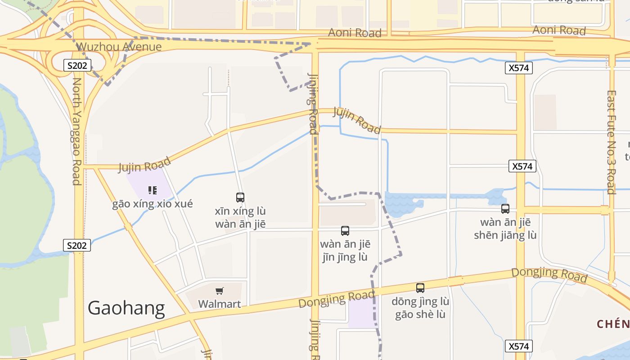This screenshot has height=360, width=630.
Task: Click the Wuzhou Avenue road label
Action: (x=119, y=47)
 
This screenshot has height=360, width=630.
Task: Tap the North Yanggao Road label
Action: (x=76, y=131)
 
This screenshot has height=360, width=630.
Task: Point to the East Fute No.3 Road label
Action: (x=611, y=142)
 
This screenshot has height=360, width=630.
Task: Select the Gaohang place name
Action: (x=126, y=308)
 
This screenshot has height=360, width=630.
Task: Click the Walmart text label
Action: (x=220, y=304)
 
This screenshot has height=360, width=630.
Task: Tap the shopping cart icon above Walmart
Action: (x=220, y=291)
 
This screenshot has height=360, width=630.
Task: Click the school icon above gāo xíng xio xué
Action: (x=152, y=190)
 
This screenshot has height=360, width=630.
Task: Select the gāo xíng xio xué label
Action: (x=153, y=204)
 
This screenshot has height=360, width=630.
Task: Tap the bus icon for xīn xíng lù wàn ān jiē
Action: (x=240, y=197)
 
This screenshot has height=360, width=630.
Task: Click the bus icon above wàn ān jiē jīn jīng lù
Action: (x=345, y=231)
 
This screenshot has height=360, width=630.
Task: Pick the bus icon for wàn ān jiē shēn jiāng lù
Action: (x=505, y=209)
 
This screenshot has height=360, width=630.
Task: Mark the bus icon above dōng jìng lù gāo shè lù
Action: (x=420, y=288)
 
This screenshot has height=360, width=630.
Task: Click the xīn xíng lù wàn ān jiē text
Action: (x=240, y=217)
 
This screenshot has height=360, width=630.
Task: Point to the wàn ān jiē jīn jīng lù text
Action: (x=345, y=251)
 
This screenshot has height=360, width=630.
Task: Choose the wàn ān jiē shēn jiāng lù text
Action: (x=505, y=229)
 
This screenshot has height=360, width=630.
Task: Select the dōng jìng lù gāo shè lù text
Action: (x=420, y=308)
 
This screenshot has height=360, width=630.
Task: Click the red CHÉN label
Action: (x=613, y=324)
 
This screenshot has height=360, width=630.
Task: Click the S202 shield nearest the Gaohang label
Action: (x=76, y=246)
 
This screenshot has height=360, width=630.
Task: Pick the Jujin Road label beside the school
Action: (x=144, y=165)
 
